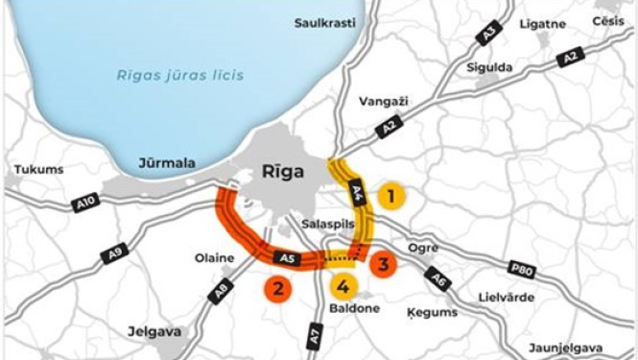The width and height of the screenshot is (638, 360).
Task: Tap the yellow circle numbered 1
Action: click(390, 197)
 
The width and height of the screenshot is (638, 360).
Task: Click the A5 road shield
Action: click(283, 258)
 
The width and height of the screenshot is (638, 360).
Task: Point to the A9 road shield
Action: click(115, 254)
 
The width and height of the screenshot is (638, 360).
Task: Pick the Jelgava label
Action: click(154, 331)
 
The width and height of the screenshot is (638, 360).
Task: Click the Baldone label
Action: click(354, 309)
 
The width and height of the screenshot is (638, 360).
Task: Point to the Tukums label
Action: click(38, 170)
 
